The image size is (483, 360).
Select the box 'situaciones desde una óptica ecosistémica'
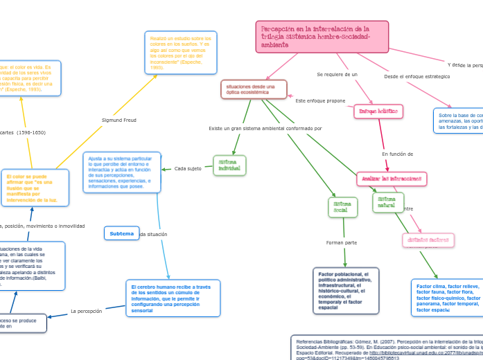click(252, 89)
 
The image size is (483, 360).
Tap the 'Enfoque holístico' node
click(378, 111)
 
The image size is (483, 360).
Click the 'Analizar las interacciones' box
click(392, 179)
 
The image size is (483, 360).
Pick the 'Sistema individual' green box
click(229, 165)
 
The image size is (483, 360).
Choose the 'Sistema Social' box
click(342, 206)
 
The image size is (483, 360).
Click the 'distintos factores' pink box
click(428, 240)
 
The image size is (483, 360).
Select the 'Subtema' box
click(121, 233)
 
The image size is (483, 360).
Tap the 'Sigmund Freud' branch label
click(119, 120)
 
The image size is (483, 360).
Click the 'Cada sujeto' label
click(188, 168)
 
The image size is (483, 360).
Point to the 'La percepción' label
click(87, 311)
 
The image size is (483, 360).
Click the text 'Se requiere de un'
click(337, 74)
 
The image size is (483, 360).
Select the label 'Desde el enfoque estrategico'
click(416, 76)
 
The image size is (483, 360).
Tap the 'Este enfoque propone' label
click(320, 100)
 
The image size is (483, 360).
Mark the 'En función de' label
click(398, 154)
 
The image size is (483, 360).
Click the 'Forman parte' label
click(341, 242)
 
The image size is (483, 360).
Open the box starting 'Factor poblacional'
click(346, 290)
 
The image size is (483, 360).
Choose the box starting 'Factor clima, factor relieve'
click(447, 298)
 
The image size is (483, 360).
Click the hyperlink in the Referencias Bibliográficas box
click(430, 352)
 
